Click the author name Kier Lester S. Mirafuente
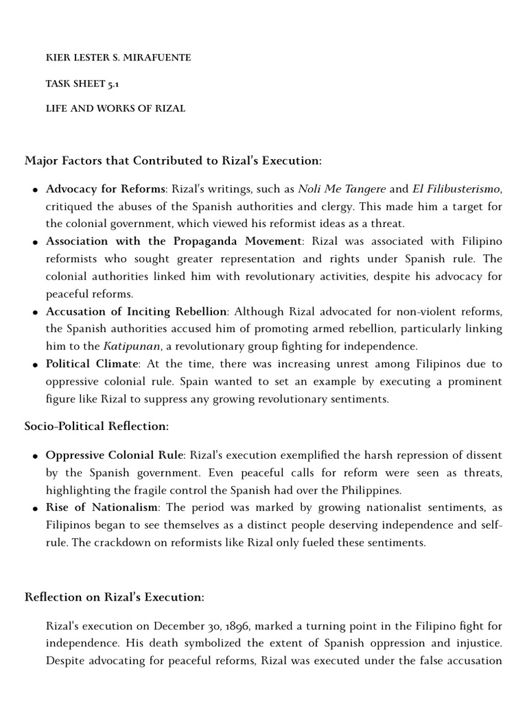(x=118, y=58)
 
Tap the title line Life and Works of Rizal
(x=115, y=108)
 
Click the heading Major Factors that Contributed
(x=173, y=160)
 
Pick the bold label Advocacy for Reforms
(x=105, y=189)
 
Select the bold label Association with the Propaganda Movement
(x=174, y=241)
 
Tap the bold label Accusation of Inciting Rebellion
(x=136, y=312)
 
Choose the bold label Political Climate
(x=93, y=363)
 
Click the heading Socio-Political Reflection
(x=97, y=426)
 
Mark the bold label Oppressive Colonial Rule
(x=115, y=455)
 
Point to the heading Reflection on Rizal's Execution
(x=114, y=597)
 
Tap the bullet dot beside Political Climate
(x=34, y=365)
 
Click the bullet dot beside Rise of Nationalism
(x=34, y=509)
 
